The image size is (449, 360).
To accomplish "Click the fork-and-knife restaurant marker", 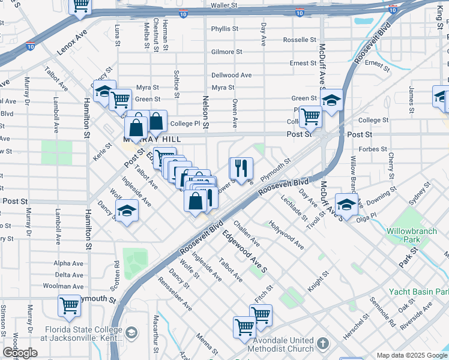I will (x=241, y=167).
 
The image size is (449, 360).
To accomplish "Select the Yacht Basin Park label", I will (x=418, y=292).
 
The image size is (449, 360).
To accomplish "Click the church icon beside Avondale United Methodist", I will (x=324, y=344).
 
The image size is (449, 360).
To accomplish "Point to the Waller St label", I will (x=224, y=5).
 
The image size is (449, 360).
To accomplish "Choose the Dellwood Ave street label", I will (x=231, y=75).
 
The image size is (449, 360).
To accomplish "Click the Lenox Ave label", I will (x=73, y=39).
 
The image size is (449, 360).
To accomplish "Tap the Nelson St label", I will (x=205, y=112).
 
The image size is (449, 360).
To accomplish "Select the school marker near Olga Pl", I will (x=346, y=204).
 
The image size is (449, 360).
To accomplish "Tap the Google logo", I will (x=20, y=353).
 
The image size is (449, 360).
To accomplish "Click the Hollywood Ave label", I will (x=286, y=235).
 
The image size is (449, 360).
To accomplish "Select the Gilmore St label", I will (x=226, y=52).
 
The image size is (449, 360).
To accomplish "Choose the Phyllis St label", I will (x=224, y=29).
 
